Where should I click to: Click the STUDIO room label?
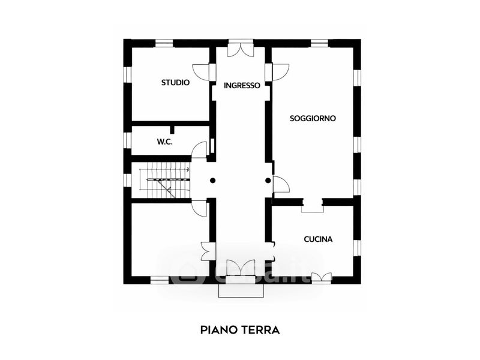[x=175, y=83]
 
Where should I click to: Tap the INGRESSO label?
[x=242, y=85]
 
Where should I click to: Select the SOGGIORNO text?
[x=313, y=118]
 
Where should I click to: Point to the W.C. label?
[x=165, y=142]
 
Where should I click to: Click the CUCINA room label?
[x=318, y=239]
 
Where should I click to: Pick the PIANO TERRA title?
[x=240, y=329]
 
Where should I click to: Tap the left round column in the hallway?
[x=212, y=180]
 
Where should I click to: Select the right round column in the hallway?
[x=268, y=180]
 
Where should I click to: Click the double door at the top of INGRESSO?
[x=241, y=49]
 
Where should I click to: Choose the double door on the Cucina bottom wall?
[x=321, y=277]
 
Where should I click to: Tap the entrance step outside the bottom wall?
[x=241, y=290]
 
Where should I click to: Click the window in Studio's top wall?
[x=164, y=43]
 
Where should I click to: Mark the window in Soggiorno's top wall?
[x=319, y=43]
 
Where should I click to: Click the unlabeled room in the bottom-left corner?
[x=168, y=240]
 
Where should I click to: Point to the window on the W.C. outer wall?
[x=127, y=140]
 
